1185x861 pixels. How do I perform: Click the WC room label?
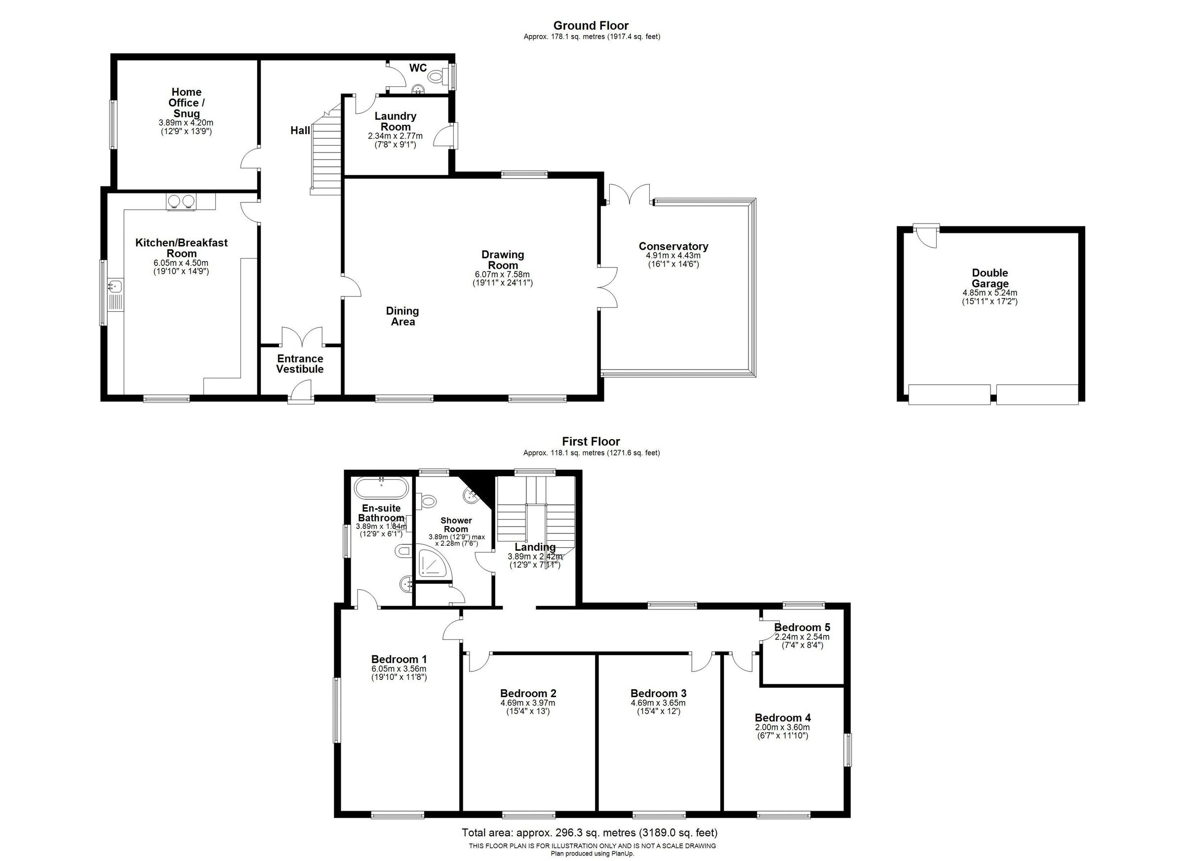pos(418,68)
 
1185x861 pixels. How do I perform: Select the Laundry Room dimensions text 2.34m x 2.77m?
pos(395,136)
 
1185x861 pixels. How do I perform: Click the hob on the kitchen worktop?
pos(181,200)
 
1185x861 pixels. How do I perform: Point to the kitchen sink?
pos(116,286)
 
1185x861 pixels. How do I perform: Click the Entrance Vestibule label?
pos(300,364)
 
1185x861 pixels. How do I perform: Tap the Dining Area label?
pos(402,316)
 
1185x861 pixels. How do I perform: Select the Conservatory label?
pos(673,246)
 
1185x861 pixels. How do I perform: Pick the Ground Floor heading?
pos(591,26)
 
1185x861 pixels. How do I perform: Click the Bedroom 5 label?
pos(802,627)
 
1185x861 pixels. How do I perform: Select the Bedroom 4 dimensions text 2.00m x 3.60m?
pos(782,727)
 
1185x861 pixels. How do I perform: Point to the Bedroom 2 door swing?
pos(477,662)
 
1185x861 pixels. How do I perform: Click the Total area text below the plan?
pos(590,833)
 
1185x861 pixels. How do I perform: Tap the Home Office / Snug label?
pos(187,103)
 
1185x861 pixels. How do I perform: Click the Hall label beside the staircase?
pos(300,131)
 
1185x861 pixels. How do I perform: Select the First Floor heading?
pos(591,442)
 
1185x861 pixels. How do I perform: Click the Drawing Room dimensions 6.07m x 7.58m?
pos(503,274)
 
